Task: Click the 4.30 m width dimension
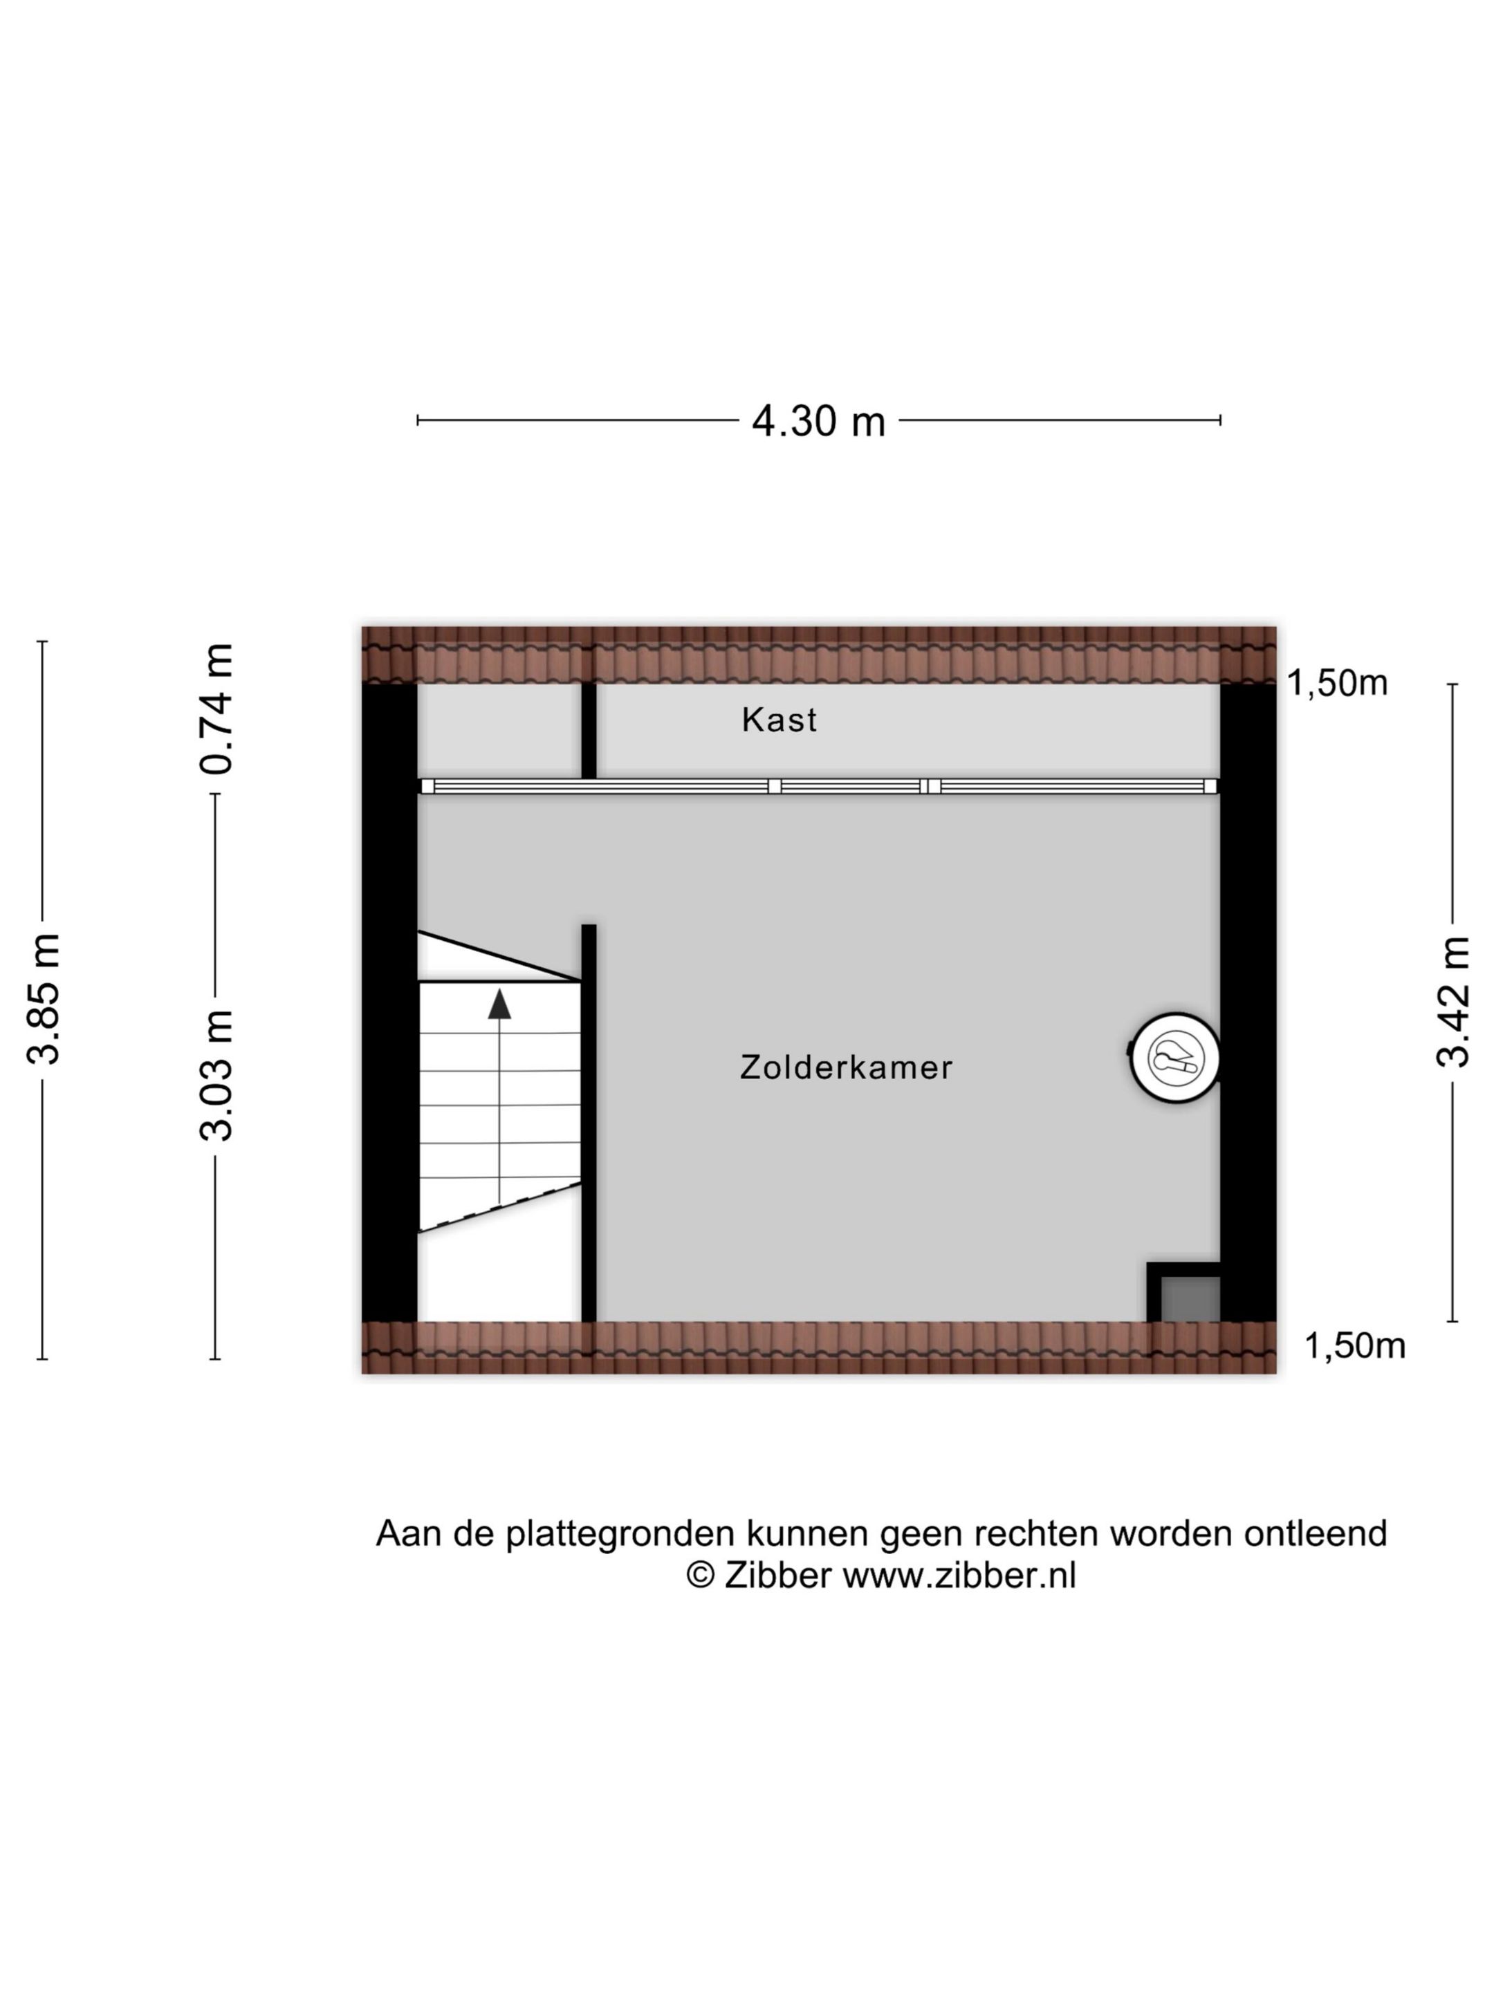point(818,420)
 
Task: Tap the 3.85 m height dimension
point(42,998)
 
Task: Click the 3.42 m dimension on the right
point(1452,1001)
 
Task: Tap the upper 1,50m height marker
point(1337,683)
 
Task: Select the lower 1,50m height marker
point(1354,1345)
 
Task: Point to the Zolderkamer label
point(846,1067)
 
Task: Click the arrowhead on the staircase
point(499,1004)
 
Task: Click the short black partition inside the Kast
point(588,731)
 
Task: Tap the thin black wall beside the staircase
point(588,1123)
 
